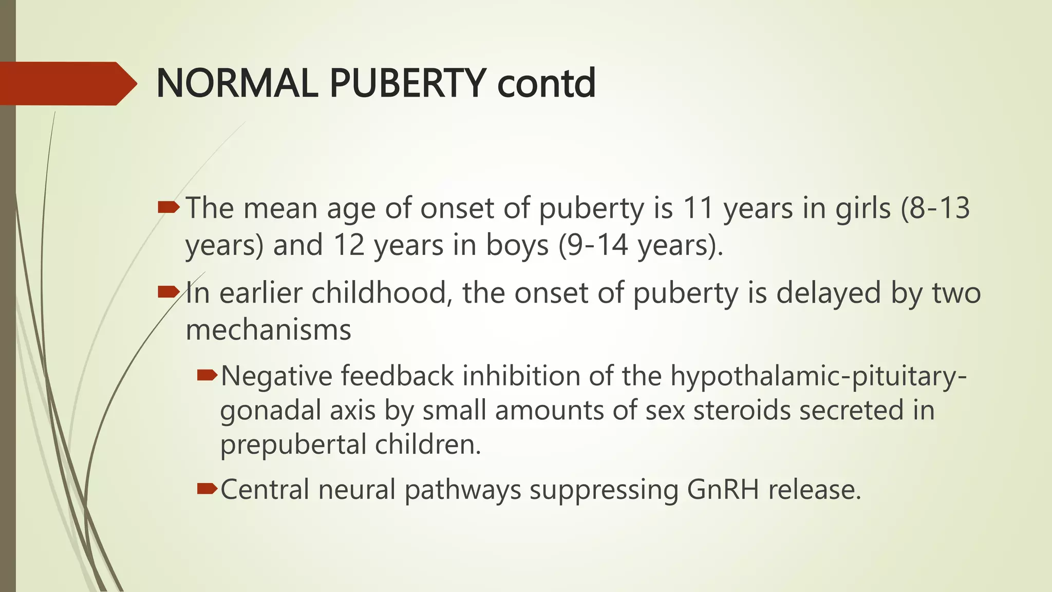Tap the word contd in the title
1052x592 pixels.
pos(547,83)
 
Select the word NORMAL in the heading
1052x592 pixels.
pos(237,83)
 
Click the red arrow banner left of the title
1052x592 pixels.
pos(67,83)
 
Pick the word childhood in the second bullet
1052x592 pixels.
pos(379,293)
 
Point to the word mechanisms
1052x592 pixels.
pos(268,329)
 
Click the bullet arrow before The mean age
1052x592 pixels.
pos(168,208)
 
